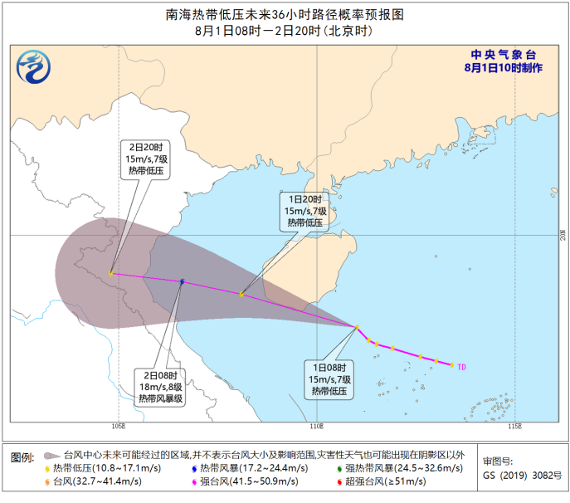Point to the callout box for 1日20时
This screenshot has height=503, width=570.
click(x=304, y=211)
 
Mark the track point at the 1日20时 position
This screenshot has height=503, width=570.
click(x=241, y=294)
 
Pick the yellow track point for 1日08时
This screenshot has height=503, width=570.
click(x=358, y=327)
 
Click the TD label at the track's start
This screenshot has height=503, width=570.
click(x=462, y=366)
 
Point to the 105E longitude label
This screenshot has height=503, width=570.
click(x=118, y=426)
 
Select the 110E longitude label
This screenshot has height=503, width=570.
click(x=315, y=426)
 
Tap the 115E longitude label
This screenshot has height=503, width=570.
click(x=514, y=426)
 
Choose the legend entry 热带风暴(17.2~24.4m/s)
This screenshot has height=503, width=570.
click(x=248, y=468)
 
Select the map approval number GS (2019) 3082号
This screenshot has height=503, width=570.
click(x=521, y=476)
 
